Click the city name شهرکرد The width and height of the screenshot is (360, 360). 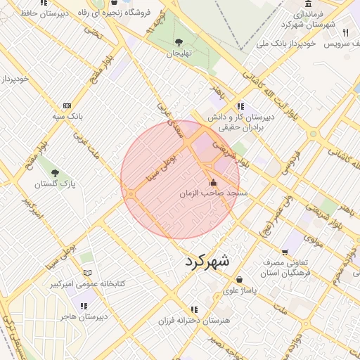(x=207, y=261)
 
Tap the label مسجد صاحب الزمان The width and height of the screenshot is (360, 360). (x=214, y=193)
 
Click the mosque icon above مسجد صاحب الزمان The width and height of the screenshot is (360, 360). (x=214, y=183)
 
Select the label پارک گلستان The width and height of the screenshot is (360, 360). (x=54, y=184)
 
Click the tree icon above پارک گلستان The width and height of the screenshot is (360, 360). (x=55, y=173)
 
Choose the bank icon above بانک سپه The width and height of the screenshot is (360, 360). (x=66, y=105)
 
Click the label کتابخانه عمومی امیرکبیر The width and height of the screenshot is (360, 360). (x=86, y=283)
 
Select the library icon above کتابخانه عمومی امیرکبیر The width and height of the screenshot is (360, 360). (x=87, y=273)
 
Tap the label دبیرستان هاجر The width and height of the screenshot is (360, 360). (x=84, y=316)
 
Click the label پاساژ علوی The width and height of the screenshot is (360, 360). (x=240, y=290)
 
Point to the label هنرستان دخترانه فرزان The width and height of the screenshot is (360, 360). (x=197, y=321)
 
